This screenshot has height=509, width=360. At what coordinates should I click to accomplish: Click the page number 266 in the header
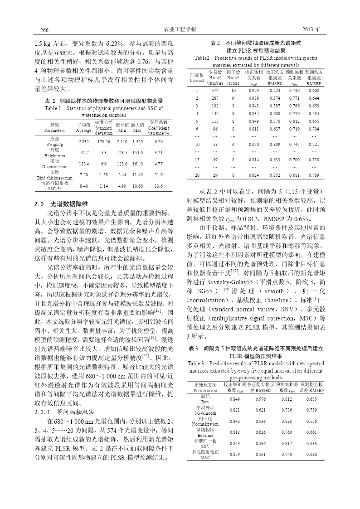coord(44,30)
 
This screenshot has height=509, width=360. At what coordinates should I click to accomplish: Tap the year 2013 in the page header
coord(311,29)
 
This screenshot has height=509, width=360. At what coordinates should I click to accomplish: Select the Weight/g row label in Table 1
coord(55,144)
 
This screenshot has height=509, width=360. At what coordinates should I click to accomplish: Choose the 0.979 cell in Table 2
coord(253,91)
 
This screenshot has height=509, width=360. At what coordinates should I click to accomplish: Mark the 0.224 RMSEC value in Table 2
coord(274,91)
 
